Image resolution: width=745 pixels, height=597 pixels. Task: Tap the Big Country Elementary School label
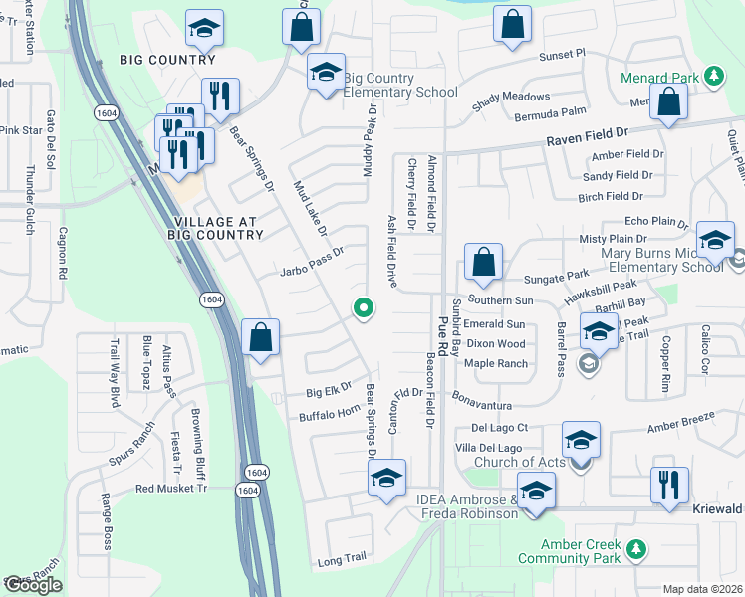(x=400, y=85)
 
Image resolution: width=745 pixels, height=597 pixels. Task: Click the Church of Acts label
(x=517, y=462)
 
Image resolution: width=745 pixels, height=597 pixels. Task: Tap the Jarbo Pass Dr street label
(x=312, y=268)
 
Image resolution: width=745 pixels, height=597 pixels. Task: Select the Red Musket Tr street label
(x=171, y=489)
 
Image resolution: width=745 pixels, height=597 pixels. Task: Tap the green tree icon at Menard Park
(x=713, y=76)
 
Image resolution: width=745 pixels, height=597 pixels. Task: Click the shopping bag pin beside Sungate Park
(x=482, y=265)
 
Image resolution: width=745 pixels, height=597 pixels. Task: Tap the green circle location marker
(x=364, y=309)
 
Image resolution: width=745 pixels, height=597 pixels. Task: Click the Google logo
(x=33, y=584)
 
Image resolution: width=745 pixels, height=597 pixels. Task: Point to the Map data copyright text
(x=703, y=589)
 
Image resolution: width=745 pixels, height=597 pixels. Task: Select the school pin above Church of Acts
(x=582, y=440)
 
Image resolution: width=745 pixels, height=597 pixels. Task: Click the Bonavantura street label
(x=481, y=406)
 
